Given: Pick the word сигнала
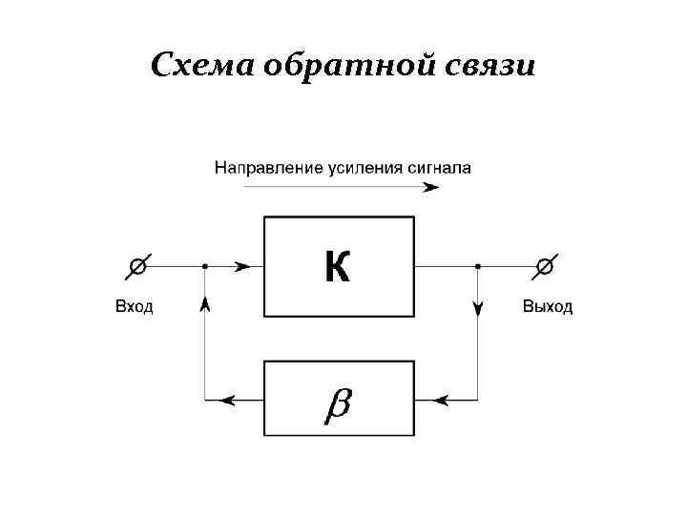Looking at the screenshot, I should tap(438, 168).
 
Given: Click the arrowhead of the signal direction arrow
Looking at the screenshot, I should tap(431, 187).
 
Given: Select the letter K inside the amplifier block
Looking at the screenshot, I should tap(338, 267).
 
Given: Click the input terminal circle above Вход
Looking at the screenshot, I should tap(138, 267).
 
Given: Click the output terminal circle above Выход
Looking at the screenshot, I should tap(544, 267).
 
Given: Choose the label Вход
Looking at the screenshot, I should tap(134, 307).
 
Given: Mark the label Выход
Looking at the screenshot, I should tap(548, 307).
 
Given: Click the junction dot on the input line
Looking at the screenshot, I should tap(205, 267).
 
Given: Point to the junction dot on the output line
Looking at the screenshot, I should tap(477, 267).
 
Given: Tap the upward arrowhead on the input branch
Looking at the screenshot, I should tap(205, 303).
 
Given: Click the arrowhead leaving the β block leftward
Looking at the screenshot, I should tap(229, 400).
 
